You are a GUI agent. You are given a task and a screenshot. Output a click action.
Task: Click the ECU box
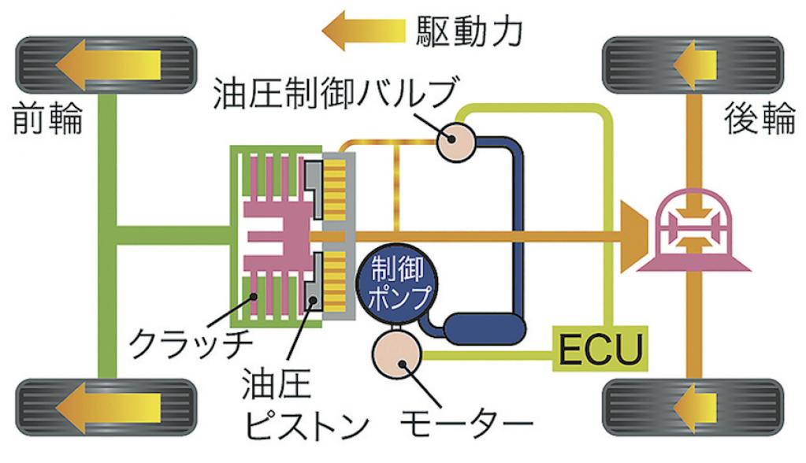(600, 348)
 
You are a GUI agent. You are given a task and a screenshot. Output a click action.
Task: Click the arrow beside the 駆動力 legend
(364, 31)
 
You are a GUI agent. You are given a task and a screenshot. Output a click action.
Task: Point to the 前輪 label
(47, 118)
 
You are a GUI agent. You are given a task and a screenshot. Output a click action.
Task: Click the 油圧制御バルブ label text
(335, 93)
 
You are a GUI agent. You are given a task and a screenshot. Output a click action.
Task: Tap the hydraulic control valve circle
(455, 139)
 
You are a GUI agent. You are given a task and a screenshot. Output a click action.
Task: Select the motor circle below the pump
(397, 354)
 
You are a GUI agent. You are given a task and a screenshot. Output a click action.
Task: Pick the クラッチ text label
(190, 343)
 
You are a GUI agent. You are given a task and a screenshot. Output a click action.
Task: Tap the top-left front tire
(106, 65)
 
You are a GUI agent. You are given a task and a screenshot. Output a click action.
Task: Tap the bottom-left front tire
(106, 407)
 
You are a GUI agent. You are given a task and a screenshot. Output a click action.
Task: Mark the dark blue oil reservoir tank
(484, 329)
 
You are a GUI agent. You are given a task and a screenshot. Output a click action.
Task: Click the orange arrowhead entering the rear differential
(633, 236)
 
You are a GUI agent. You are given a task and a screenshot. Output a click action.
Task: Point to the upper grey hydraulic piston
(314, 189)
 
